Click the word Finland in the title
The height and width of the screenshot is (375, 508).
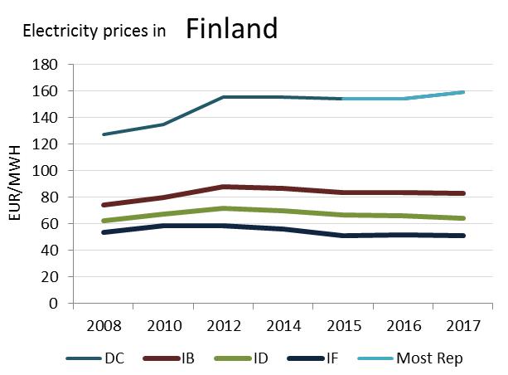231,30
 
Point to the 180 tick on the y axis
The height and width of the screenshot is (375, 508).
46,65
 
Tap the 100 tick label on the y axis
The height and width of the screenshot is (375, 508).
46,171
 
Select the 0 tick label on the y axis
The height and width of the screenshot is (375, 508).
53,304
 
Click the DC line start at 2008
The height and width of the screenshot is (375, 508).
103,134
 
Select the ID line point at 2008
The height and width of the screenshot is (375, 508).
103,221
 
